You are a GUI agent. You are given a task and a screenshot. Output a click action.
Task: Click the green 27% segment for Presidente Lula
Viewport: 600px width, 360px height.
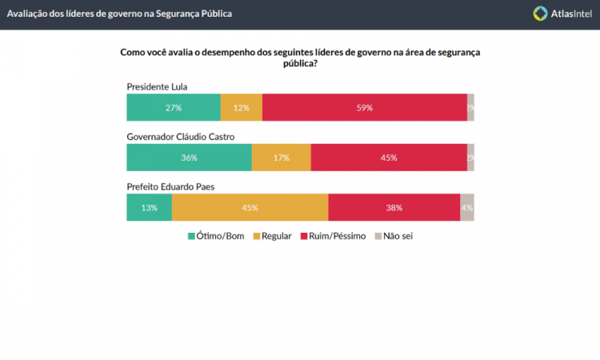[x=174, y=107]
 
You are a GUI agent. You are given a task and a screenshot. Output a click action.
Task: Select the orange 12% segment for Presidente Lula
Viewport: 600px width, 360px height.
[x=241, y=107]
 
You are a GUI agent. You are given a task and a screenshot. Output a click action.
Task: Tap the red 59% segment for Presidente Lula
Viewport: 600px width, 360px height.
[x=364, y=107]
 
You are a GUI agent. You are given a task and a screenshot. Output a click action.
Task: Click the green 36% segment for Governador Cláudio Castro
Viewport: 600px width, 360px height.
[x=189, y=158]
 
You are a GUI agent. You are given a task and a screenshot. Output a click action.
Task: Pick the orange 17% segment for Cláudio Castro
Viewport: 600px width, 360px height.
[x=281, y=158]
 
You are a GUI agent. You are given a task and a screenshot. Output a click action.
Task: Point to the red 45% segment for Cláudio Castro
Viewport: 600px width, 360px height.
[x=389, y=158]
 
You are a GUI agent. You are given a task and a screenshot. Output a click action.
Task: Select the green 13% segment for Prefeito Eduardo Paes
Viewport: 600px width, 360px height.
[x=149, y=207]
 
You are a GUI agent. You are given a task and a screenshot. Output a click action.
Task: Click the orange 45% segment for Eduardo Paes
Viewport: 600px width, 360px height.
[x=250, y=207]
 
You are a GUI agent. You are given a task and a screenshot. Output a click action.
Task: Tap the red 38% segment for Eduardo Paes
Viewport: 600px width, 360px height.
[x=394, y=207]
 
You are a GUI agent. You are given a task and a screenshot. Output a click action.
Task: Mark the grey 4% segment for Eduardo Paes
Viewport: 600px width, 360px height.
[x=467, y=207]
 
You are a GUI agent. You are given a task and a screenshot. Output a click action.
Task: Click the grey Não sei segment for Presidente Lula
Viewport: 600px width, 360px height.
[x=470, y=107]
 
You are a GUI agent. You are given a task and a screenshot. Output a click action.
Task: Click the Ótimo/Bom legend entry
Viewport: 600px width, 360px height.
[x=217, y=236]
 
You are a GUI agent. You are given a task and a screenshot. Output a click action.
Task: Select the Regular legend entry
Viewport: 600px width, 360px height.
[x=272, y=236]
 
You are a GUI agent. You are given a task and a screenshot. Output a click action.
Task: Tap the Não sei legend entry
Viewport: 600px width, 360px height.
[x=394, y=236]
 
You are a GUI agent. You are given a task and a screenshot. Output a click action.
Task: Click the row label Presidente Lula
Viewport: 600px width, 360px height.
[x=157, y=86]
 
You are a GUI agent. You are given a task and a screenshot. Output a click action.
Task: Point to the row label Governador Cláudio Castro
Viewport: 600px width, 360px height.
[x=180, y=136]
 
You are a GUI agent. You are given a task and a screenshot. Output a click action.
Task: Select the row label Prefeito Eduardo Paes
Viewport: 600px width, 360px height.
[x=170, y=186]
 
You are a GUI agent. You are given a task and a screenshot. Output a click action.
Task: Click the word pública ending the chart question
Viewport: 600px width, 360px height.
[x=300, y=64]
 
